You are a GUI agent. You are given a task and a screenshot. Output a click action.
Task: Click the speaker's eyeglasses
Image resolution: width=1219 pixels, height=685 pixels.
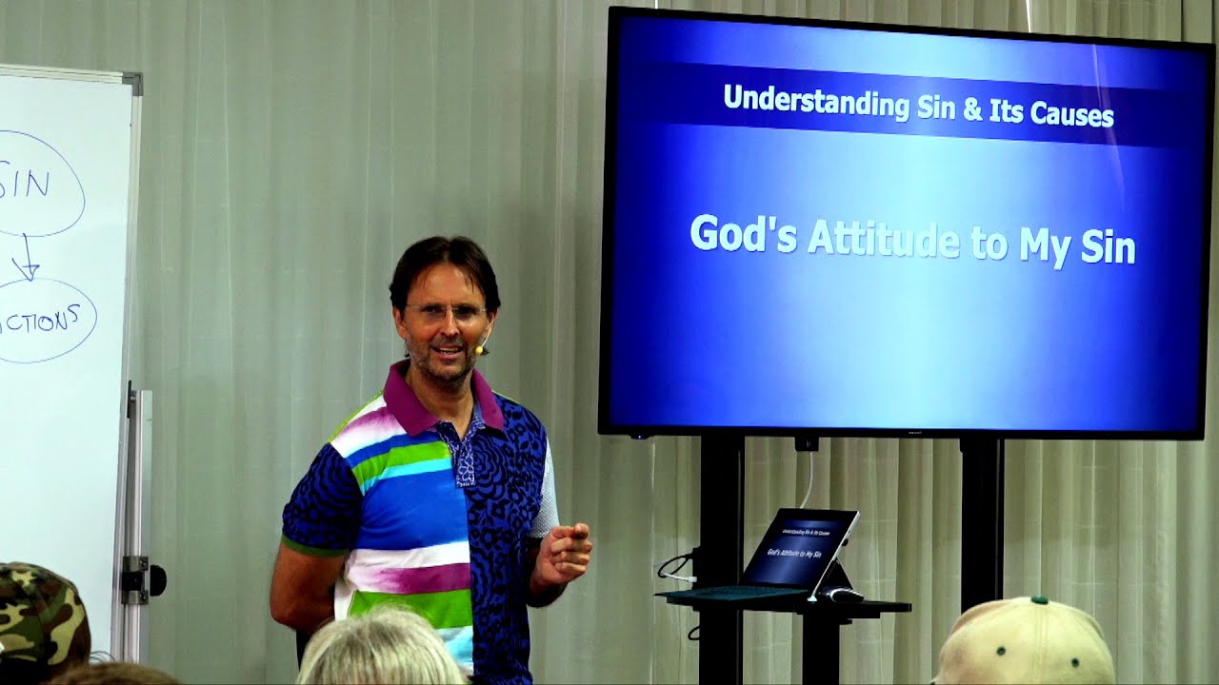tap(446, 311)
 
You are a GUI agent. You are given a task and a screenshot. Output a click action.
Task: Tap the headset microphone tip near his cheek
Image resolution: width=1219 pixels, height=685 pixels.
tap(481, 350)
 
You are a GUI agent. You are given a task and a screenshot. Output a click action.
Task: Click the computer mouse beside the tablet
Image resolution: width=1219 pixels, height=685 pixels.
tap(843, 595)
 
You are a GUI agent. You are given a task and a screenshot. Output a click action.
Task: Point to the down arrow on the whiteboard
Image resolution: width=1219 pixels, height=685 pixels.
tap(29, 257)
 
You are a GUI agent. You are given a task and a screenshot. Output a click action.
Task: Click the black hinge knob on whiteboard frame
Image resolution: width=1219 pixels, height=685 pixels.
tap(155, 579)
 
